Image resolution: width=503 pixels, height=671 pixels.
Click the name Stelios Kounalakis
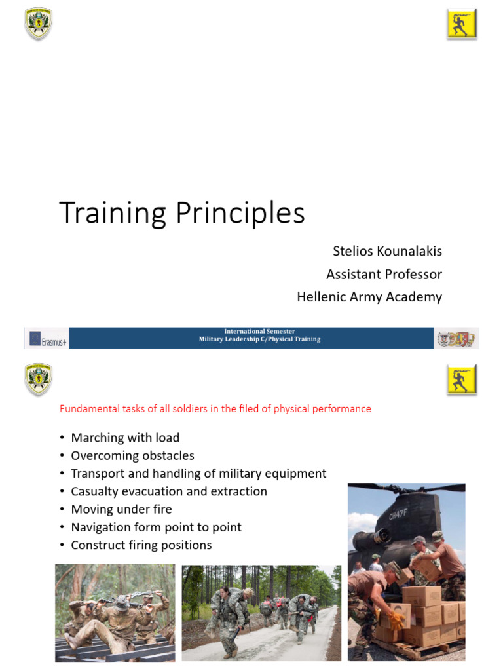[x=388, y=252]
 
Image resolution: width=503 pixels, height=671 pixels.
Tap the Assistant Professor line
[x=384, y=274]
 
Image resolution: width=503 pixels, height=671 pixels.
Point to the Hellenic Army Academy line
[x=369, y=296]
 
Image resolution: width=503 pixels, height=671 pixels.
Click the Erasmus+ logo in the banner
[x=47, y=339]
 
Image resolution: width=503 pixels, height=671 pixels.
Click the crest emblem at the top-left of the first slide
[x=38, y=23]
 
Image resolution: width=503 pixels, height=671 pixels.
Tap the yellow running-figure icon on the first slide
[x=462, y=24]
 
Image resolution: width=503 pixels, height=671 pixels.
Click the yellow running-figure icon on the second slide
[x=462, y=379]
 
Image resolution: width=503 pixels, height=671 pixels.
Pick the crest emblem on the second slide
[x=38, y=379]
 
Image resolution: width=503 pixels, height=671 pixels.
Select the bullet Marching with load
[x=124, y=438]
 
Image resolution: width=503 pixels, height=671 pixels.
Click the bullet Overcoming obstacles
[x=132, y=455]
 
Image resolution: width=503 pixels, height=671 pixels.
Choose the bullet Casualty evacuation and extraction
[x=169, y=491]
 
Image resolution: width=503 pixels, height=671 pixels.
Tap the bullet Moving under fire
[x=121, y=509]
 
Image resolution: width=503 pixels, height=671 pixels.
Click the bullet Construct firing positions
[x=141, y=545]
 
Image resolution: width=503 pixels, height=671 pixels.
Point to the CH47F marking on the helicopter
[x=398, y=516]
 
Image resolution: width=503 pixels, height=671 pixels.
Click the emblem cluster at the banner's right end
[x=456, y=339]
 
